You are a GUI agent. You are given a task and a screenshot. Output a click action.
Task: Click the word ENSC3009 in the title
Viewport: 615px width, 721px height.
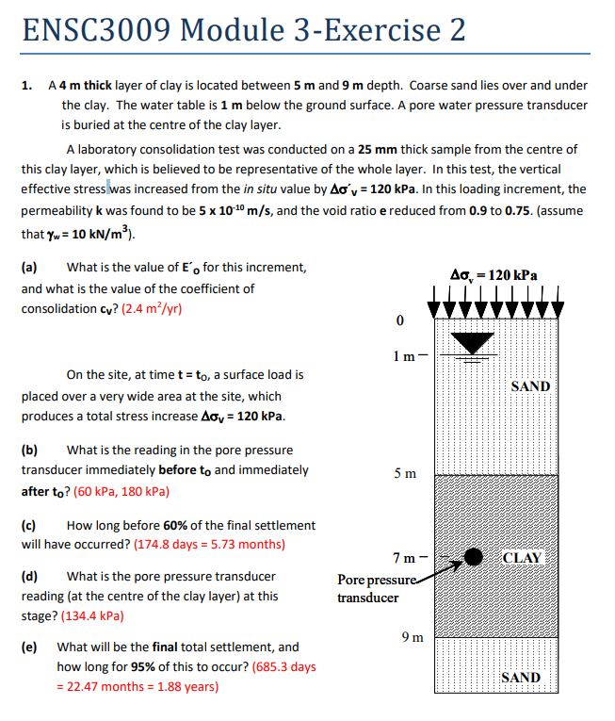[x=94, y=30]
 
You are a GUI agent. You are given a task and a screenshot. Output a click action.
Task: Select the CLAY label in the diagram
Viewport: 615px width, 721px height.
[x=523, y=557]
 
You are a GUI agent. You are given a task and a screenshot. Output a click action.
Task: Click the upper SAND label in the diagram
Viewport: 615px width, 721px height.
[x=529, y=386]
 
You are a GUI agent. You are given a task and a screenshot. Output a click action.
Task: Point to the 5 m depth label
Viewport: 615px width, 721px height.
[x=405, y=472]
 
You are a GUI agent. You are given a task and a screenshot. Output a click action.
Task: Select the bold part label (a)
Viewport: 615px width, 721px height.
[x=29, y=268]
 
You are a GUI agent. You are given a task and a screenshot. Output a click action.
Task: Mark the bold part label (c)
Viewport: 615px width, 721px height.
[x=29, y=524]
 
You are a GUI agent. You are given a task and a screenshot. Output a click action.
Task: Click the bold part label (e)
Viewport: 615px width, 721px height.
[x=29, y=647]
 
